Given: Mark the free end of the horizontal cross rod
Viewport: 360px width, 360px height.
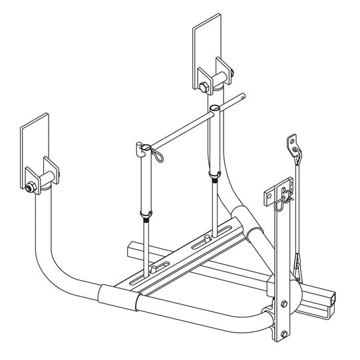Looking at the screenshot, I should click(246, 96).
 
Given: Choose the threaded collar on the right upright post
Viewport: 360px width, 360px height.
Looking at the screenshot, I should click(214, 177).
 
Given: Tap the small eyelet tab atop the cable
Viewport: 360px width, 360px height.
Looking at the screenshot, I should click(291, 142).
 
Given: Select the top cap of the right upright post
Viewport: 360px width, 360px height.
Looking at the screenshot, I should click(214, 106).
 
